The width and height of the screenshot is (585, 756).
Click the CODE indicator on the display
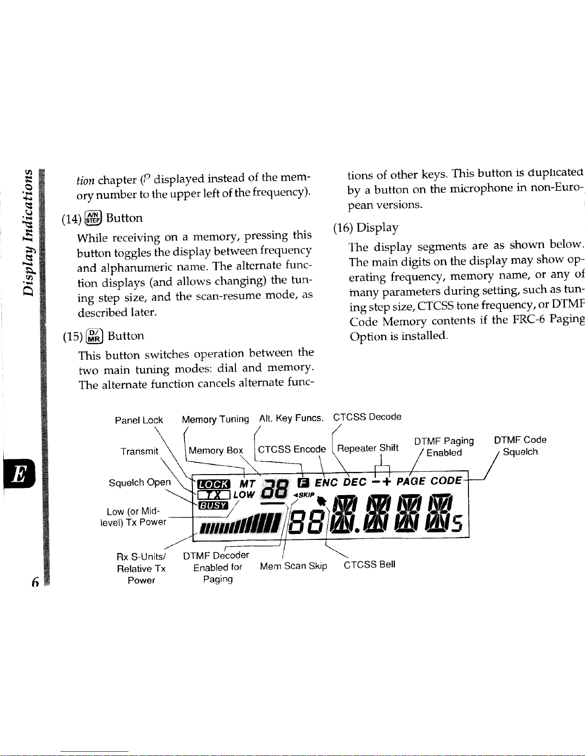[x=446, y=481]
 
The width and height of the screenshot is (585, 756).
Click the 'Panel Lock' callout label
[x=139, y=420]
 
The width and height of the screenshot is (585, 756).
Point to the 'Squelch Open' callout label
[x=140, y=483]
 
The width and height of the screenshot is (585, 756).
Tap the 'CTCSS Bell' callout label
[x=369, y=565]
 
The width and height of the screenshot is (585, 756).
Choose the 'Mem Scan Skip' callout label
[x=293, y=566]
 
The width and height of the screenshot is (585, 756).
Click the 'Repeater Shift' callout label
[x=368, y=448]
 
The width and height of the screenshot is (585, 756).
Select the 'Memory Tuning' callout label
[x=215, y=420]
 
